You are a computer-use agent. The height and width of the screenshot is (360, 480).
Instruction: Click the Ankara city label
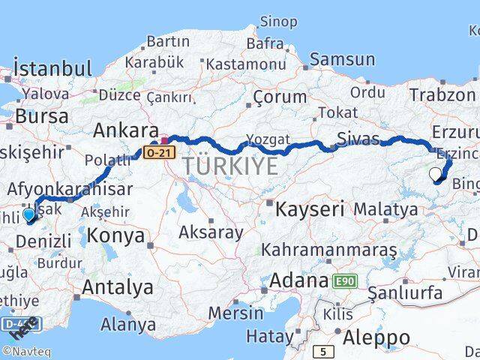[x=125, y=130]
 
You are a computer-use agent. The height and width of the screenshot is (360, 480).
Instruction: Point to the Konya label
[x=115, y=235]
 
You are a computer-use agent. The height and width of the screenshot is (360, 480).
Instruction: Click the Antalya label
[x=117, y=286]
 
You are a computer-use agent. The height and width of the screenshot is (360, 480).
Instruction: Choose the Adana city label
[x=298, y=281]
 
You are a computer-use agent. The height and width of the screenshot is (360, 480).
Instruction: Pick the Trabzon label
[x=442, y=94]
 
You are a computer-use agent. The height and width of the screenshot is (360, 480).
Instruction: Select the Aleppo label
[x=377, y=337]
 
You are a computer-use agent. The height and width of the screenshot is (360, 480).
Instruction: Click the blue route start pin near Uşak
[x=29, y=215]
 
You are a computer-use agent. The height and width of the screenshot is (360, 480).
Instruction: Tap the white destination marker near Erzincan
[x=436, y=175]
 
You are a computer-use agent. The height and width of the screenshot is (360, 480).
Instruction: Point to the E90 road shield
[x=346, y=281]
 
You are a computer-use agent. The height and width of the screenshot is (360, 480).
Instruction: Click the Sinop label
[x=279, y=22]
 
